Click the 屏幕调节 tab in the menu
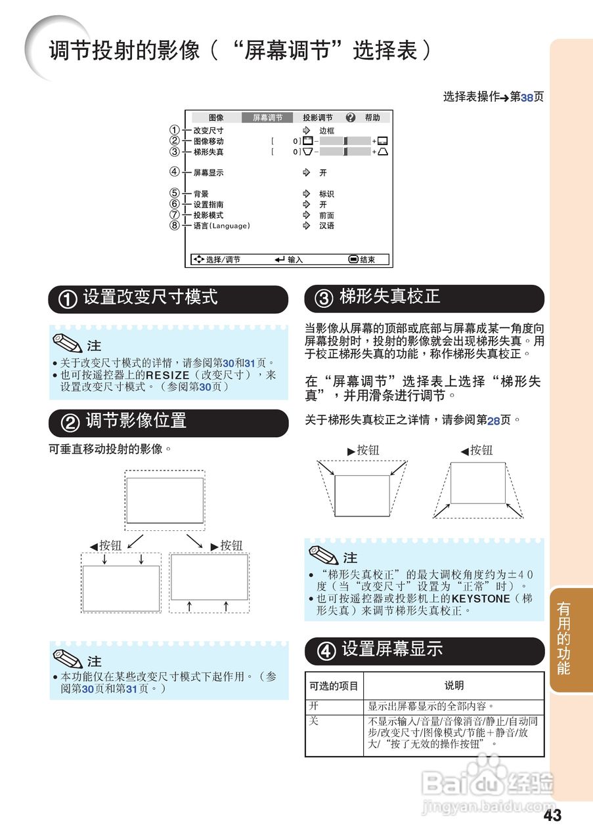click(x=267, y=117)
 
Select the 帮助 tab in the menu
click(x=372, y=117)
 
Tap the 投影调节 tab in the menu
click(x=317, y=117)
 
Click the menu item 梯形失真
click(x=208, y=152)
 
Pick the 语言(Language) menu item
click(x=221, y=226)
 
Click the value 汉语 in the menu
click(x=326, y=226)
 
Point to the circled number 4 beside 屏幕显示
click(x=174, y=173)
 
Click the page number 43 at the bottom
click(x=552, y=816)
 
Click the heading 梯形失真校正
click(x=389, y=297)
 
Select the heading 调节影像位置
click(x=136, y=421)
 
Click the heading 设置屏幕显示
click(x=392, y=650)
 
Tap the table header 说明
click(x=454, y=686)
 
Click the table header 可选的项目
click(x=334, y=686)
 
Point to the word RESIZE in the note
click(x=167, y=375)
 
